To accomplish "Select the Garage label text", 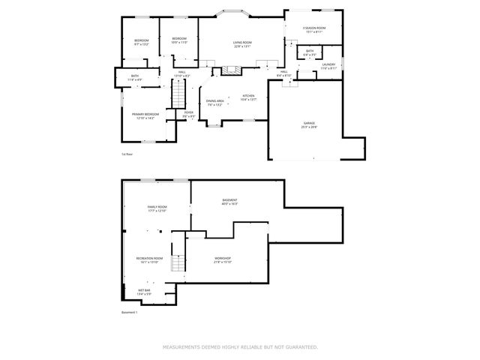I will tap(309, 125).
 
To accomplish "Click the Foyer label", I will tap(189, 114).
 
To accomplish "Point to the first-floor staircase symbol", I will tap(179, 94).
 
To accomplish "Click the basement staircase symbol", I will tap(178, 263).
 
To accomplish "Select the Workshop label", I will tap(223, 259).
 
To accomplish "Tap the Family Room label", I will tap(157, 208).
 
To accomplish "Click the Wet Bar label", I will tap(145, 292).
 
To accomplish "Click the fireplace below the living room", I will tap(229, 70).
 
